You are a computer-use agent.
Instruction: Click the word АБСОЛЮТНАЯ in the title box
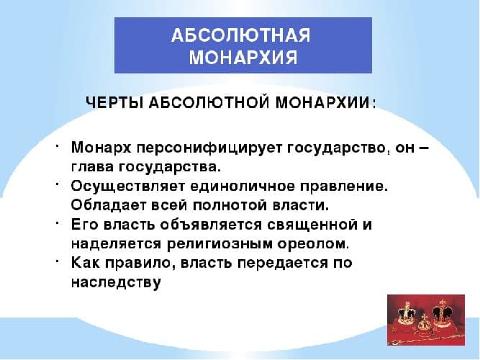[243, 36]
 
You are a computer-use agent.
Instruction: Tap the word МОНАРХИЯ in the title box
[243, 58]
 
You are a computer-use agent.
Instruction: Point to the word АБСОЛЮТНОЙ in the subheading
[208, 102]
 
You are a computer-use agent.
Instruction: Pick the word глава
[91, 168]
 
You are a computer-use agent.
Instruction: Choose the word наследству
[115, 281]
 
